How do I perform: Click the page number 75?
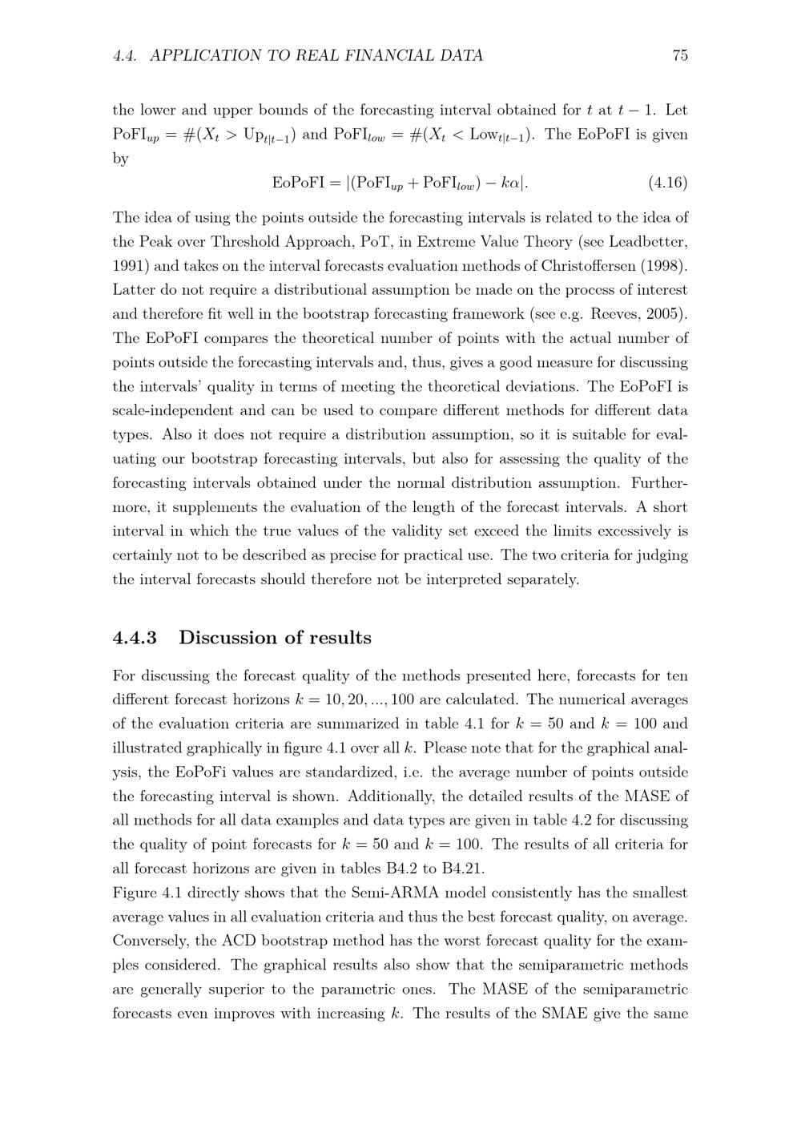click(x=680, y=55)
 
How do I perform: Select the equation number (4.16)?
click(x=667, y=183)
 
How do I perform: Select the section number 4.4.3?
click(x=135, y=638)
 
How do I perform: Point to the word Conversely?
click(x=149, y=941)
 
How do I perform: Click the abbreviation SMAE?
click(x=565, y=1013)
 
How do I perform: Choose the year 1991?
click(x=129, y=266)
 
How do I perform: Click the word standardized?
click(x=348, y=772)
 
